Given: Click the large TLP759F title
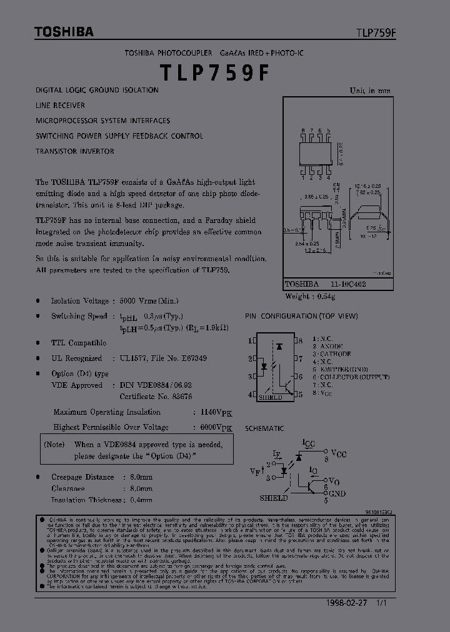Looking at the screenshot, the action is pyautogui.click(x=215, y=73).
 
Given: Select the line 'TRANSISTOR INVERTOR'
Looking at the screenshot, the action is pyautogui.click(x=75, y=151).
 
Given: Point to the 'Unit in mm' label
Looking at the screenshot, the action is pyautogui.click(x=370, y=91).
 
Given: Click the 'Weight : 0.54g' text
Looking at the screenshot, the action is pyautogui.click(x=310, y=296).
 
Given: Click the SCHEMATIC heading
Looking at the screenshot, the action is pyautogui.click(x=264, y=428).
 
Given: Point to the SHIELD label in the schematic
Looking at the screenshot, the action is pyautogui.click(x=273, y=498).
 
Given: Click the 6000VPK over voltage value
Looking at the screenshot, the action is pyautogui.click(x=216, y=428).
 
